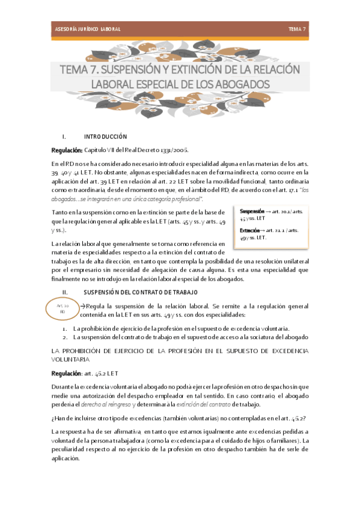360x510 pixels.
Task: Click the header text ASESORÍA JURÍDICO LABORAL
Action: pos(84,29)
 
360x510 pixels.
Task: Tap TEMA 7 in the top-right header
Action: pos(297,29)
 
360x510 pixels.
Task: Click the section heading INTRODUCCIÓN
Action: pos(105,137)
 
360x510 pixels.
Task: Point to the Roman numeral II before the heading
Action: pos(65,292)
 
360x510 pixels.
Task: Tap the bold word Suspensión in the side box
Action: pos(253,212)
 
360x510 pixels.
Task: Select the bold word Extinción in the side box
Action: pos(250,230)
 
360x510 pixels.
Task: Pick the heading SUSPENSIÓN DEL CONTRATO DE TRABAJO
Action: pos(140,292)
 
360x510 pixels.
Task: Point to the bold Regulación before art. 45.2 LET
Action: pos(66,373)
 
